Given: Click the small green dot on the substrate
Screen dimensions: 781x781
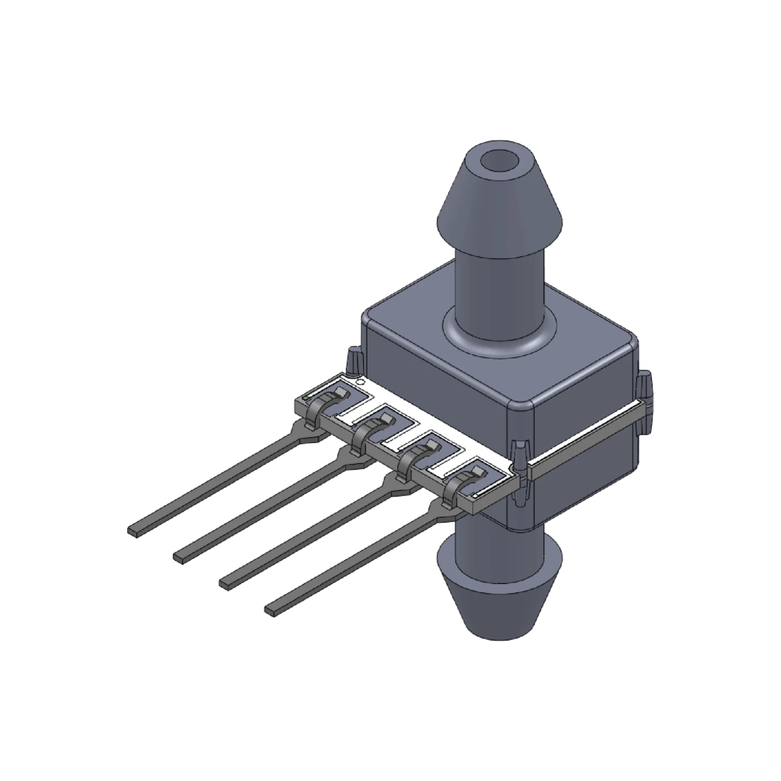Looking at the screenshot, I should [x=306, y=398].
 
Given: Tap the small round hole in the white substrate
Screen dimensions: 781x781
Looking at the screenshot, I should [x=361, y=382].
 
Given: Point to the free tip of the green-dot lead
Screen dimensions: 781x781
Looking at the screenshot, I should [x=134, y=530].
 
